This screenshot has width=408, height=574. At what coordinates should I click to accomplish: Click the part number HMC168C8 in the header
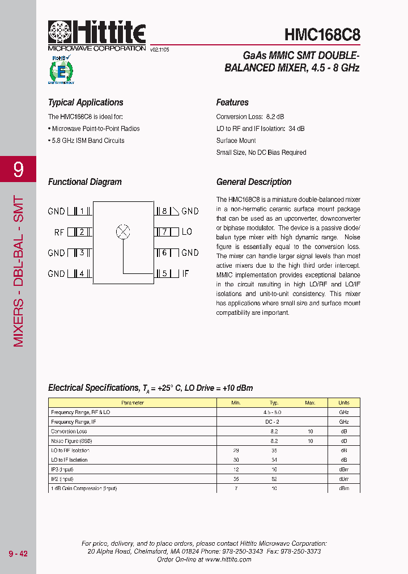point(322,34)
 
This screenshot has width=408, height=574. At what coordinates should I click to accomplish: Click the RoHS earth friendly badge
point(61,70)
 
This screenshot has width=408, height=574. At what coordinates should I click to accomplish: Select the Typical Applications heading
point(86,103)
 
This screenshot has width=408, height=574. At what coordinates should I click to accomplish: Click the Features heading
point(232,103)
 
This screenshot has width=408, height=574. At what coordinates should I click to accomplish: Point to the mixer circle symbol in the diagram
point(123,231)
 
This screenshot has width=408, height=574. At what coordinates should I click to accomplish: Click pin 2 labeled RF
point(82,232)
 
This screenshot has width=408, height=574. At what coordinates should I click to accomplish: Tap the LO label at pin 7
point(187,232)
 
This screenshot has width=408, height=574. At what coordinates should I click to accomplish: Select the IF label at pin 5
point(185,273)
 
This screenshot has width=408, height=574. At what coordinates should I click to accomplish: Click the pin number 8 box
point(164,211)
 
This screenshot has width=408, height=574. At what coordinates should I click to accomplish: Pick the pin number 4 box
point(82,273)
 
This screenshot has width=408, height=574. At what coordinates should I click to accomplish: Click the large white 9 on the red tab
point(18,170)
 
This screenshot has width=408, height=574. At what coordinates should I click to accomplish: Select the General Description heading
point(254,182)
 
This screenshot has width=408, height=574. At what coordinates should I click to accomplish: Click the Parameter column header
point(133,403)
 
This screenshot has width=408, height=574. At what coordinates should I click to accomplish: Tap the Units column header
point(343,403)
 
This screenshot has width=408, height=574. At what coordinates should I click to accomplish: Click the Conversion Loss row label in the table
point(69,432)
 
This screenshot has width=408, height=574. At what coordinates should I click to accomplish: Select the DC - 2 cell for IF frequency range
point(273,422)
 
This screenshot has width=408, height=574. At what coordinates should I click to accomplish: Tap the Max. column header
point(310,403)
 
